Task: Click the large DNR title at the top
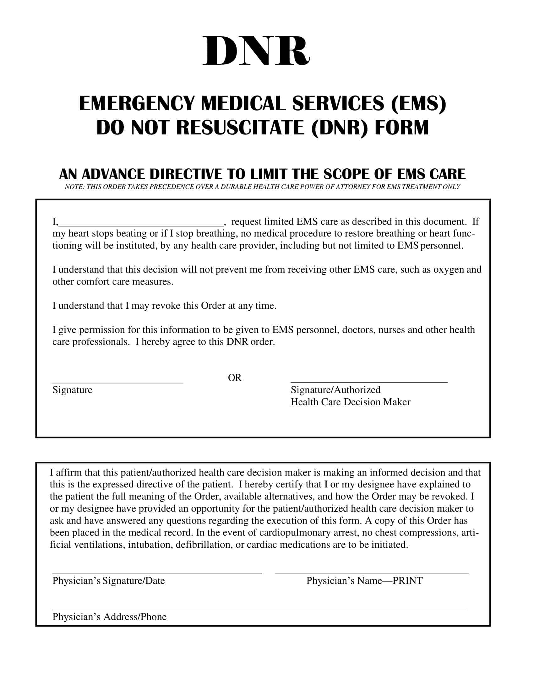coord(256,51)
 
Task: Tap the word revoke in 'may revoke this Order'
coord(166,306)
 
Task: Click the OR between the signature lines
coord(234,378)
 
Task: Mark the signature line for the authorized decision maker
coord(369,383)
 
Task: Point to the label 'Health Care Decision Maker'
coord(350,402)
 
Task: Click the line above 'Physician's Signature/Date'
coord(157,573)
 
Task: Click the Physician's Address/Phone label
coord(109,617)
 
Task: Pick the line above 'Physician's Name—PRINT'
coord(371,573)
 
